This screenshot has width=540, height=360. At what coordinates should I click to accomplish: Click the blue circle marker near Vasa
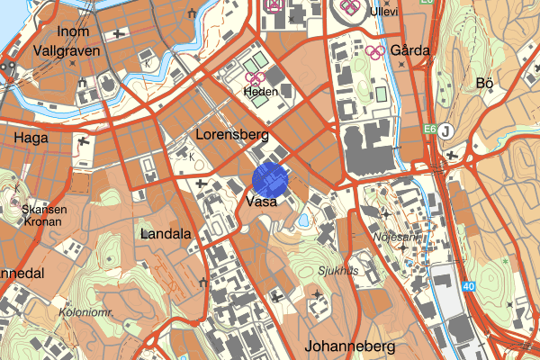pyautogui.click(x=270, y=179)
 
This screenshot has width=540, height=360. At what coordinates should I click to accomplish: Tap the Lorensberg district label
pyautogui.click(x=232, y=135)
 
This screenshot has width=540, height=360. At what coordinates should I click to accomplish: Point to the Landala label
pyautogui.click(x=166, y=234)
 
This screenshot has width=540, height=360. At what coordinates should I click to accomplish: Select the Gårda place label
pyautogui.click(x=409, y=50)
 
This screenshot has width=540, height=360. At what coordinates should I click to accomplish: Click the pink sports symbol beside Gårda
pyautogui.click(x=376, y=51)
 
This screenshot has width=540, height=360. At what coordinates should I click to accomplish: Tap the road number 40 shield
pyautogui.click(x=469, y=287)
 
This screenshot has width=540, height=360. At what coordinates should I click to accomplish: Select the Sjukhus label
pyautogui.click(x=337, y=269)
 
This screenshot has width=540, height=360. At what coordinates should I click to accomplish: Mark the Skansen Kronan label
pyautogui.click(x=43, y=214)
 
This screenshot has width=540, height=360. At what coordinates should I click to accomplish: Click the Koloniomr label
pyautogui.click(x=85, y=314)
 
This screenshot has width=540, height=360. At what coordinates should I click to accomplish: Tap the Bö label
pyautogui.click(x=484, y=84)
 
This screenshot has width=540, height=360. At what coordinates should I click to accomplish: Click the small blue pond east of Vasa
pyautogui.click(x=302, y=220)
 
